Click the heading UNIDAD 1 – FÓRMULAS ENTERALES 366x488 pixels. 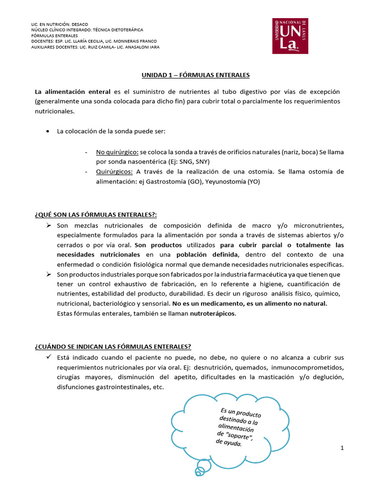click(x=195, y=75)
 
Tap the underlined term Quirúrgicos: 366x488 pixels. click(x=115, y=172)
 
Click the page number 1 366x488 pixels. click(x=342, y=448)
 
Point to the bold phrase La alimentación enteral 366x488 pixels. click(x=72, y=91)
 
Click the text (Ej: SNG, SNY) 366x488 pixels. click(x=193, y=162)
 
